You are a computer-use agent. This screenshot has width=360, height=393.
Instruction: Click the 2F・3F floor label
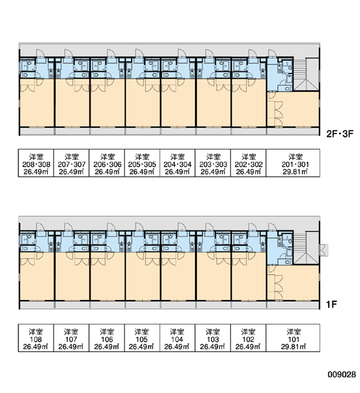click(340, 134)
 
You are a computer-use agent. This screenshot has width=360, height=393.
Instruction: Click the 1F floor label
click(331, 305)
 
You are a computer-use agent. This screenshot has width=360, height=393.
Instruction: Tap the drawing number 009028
click(342, 374)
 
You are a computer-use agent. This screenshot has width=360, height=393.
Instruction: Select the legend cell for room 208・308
click(36, 163)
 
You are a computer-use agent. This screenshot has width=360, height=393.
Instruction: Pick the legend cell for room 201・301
click(293, 163)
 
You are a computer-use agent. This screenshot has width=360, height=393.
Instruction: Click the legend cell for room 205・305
click(142, 163)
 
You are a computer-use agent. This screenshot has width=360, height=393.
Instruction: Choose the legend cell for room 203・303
click(213, 163)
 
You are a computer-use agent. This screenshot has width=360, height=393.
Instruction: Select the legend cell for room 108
click(36, 338)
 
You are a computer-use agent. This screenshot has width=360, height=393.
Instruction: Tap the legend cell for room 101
click(293, 338)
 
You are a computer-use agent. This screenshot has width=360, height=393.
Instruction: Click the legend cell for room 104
click(177, 338)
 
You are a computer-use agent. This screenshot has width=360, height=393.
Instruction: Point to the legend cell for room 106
click(107, 338)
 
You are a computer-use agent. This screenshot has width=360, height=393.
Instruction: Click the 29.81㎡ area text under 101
click(293, 347)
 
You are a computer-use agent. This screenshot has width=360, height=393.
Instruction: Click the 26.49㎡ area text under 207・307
click(71, 172)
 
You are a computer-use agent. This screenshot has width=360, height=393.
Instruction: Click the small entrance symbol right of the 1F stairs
click(324, 250)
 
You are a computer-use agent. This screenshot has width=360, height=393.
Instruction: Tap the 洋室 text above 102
click(248, 332)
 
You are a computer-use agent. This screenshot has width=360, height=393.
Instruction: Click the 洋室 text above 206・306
click(107, 157)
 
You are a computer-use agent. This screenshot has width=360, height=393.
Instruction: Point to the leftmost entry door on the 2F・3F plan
click(41, 54)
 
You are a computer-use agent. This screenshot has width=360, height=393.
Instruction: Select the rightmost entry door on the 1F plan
click(272, 227)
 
